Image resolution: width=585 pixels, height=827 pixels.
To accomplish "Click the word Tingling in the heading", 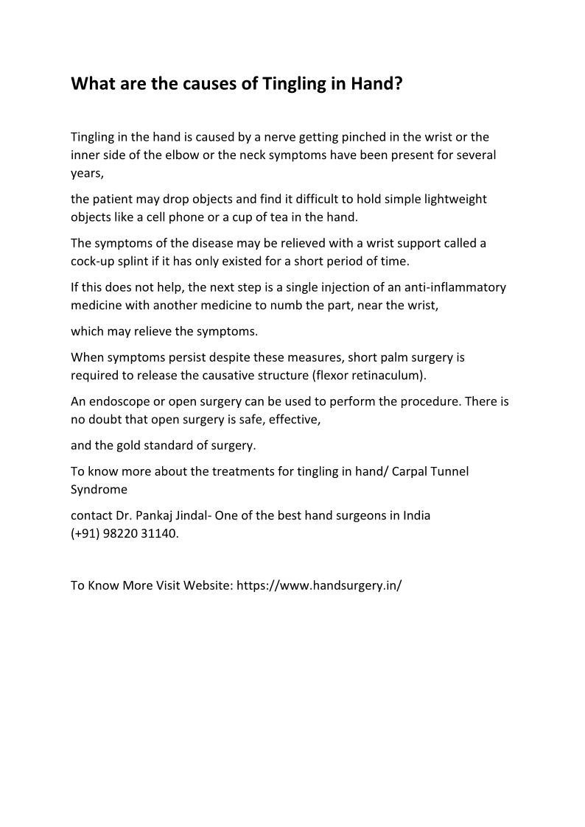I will (289, 84).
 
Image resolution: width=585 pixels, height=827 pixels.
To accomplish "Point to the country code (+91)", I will (86, 533).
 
